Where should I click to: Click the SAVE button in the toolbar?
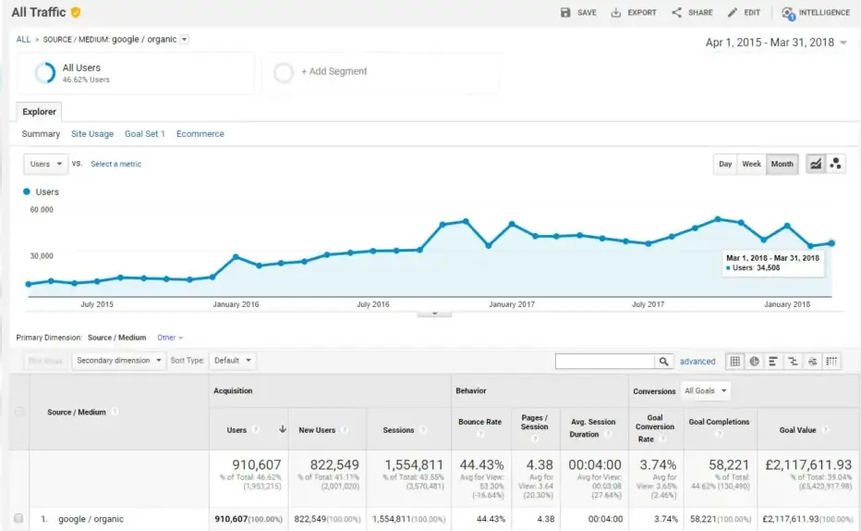click(x=578, y=13)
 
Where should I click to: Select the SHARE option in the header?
click(x=692, y=13)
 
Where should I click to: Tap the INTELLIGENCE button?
click(x=816, y=13)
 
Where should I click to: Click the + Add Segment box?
click(x=333, y=72)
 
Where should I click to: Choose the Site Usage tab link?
click(x=92, y=134)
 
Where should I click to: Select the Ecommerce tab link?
click(x=200, y=134)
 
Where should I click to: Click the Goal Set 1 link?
click(x=145, y=134)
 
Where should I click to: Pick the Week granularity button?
click(x=751, y=164)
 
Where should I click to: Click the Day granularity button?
click(x=725, y=164)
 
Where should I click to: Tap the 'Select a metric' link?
click(x=115, y=164)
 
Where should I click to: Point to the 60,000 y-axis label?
click(x=42, y=210)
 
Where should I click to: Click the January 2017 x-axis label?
click(x=512, y=304)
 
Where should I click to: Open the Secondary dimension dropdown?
click(x=119, y=361)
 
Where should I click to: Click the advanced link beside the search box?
click(x=697, y=362)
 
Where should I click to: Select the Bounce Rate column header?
click(x=479, y=422)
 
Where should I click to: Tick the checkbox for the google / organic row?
click(x=18, y=519)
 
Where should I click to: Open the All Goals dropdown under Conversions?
click(x=705, y=391)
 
